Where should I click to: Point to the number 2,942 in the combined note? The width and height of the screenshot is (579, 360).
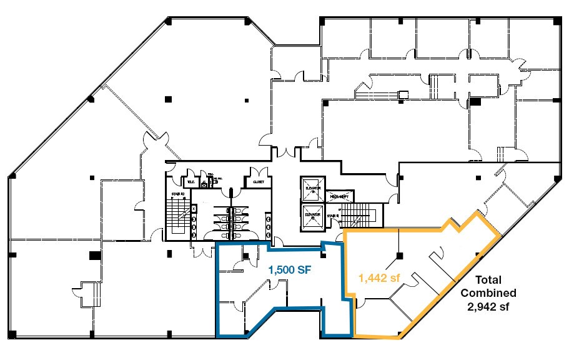(x=481, y=307)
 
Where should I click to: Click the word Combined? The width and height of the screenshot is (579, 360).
(x=488, y=293)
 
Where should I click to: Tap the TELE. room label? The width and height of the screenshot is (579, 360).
(x=189, y=182)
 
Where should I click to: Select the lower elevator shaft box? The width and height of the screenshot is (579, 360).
(x=312, y=216)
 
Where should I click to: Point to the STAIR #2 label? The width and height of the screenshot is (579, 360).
(x=177, y=194)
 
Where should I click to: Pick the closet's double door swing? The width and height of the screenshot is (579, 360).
(x=258, y=173)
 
